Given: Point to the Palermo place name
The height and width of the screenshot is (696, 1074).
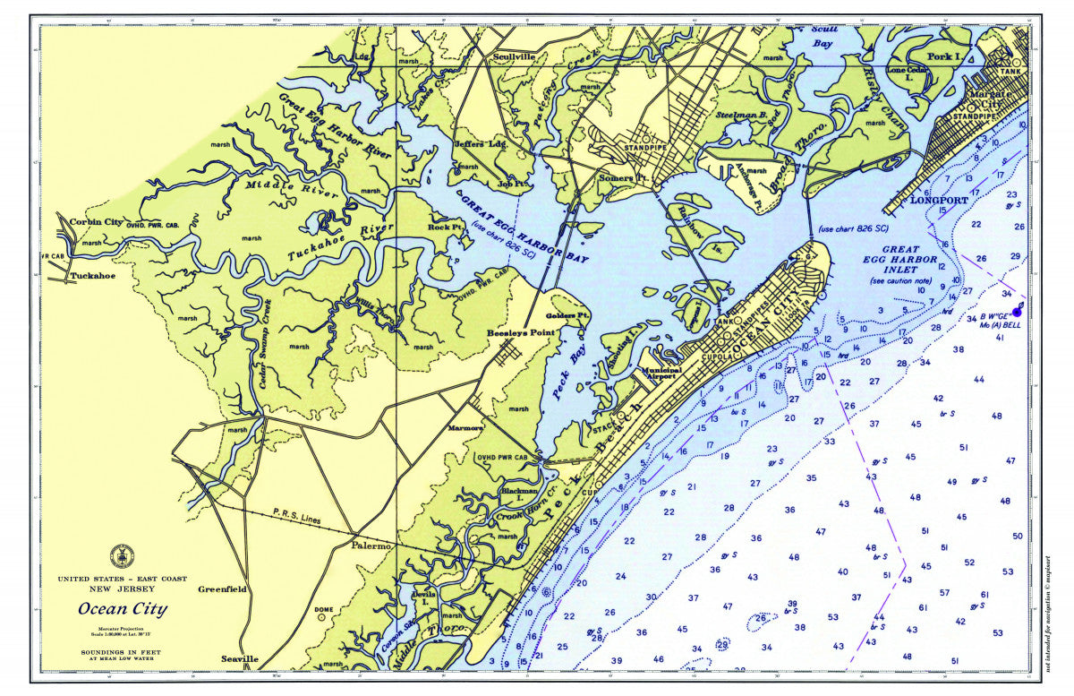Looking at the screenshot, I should pos(371,546).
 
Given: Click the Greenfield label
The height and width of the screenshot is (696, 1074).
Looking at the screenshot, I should pos(222,589).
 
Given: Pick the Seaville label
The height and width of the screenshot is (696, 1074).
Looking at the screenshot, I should pos(240,659).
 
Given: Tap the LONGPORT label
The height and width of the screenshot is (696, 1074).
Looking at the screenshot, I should pos(939,201).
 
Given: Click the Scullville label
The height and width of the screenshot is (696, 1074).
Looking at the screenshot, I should pos(514,56).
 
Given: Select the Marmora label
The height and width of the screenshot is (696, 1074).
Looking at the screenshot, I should pos(465,428).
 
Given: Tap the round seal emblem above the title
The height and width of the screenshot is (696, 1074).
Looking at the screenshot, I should pos(122,556).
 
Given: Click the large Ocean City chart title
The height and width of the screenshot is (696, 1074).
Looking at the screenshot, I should pos(122,610).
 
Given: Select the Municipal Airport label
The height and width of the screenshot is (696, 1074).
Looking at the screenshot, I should pos(661,374).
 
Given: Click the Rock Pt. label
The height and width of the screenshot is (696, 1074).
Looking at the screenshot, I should pos(445,228).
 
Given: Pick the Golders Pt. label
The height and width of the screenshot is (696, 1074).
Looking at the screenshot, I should pos(568,316).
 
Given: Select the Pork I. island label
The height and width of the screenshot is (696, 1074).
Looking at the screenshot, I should pos(942,56).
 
